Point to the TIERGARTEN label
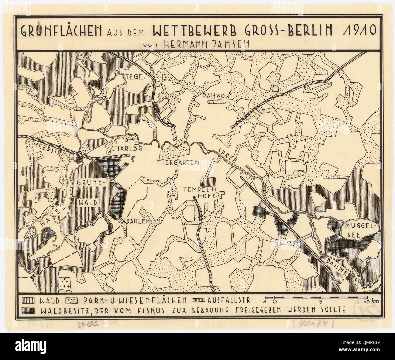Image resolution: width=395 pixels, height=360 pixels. click(x=178, y=163)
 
